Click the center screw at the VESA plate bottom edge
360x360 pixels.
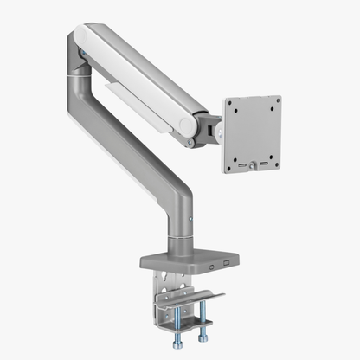(x=254, y=164)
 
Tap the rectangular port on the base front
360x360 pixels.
(x=227, y=262)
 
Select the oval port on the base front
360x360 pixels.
(x=210, y=265)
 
